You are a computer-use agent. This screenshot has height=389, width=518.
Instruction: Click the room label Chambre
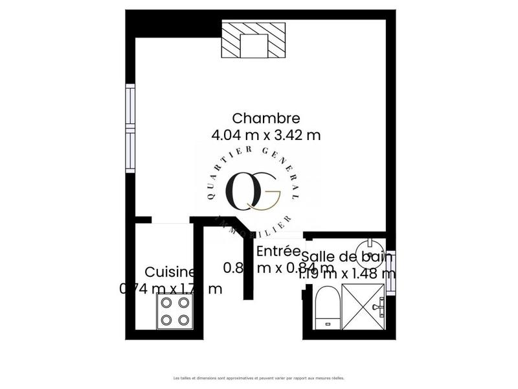(x=266, y=118)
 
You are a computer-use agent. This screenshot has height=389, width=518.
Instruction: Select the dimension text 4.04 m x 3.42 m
(x=266, y=135)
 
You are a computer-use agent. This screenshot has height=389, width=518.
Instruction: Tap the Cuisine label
(x=170, y=272)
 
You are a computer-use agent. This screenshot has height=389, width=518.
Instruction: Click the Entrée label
(x=278, y=251)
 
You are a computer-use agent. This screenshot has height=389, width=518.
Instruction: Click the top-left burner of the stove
(x=166, y=302)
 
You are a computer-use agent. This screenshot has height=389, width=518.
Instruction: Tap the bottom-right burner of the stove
(x=183, y=320)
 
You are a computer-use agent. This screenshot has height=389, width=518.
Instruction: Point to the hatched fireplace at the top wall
(x=253, y=39)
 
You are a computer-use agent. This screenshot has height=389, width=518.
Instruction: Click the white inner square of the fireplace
(x=253, y=45)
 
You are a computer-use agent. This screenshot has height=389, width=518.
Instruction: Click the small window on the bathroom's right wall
(x=390, y=263)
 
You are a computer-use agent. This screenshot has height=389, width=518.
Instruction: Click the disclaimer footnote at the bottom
(x=258, y=377)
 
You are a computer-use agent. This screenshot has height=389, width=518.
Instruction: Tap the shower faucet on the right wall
(x=383, y=303)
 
